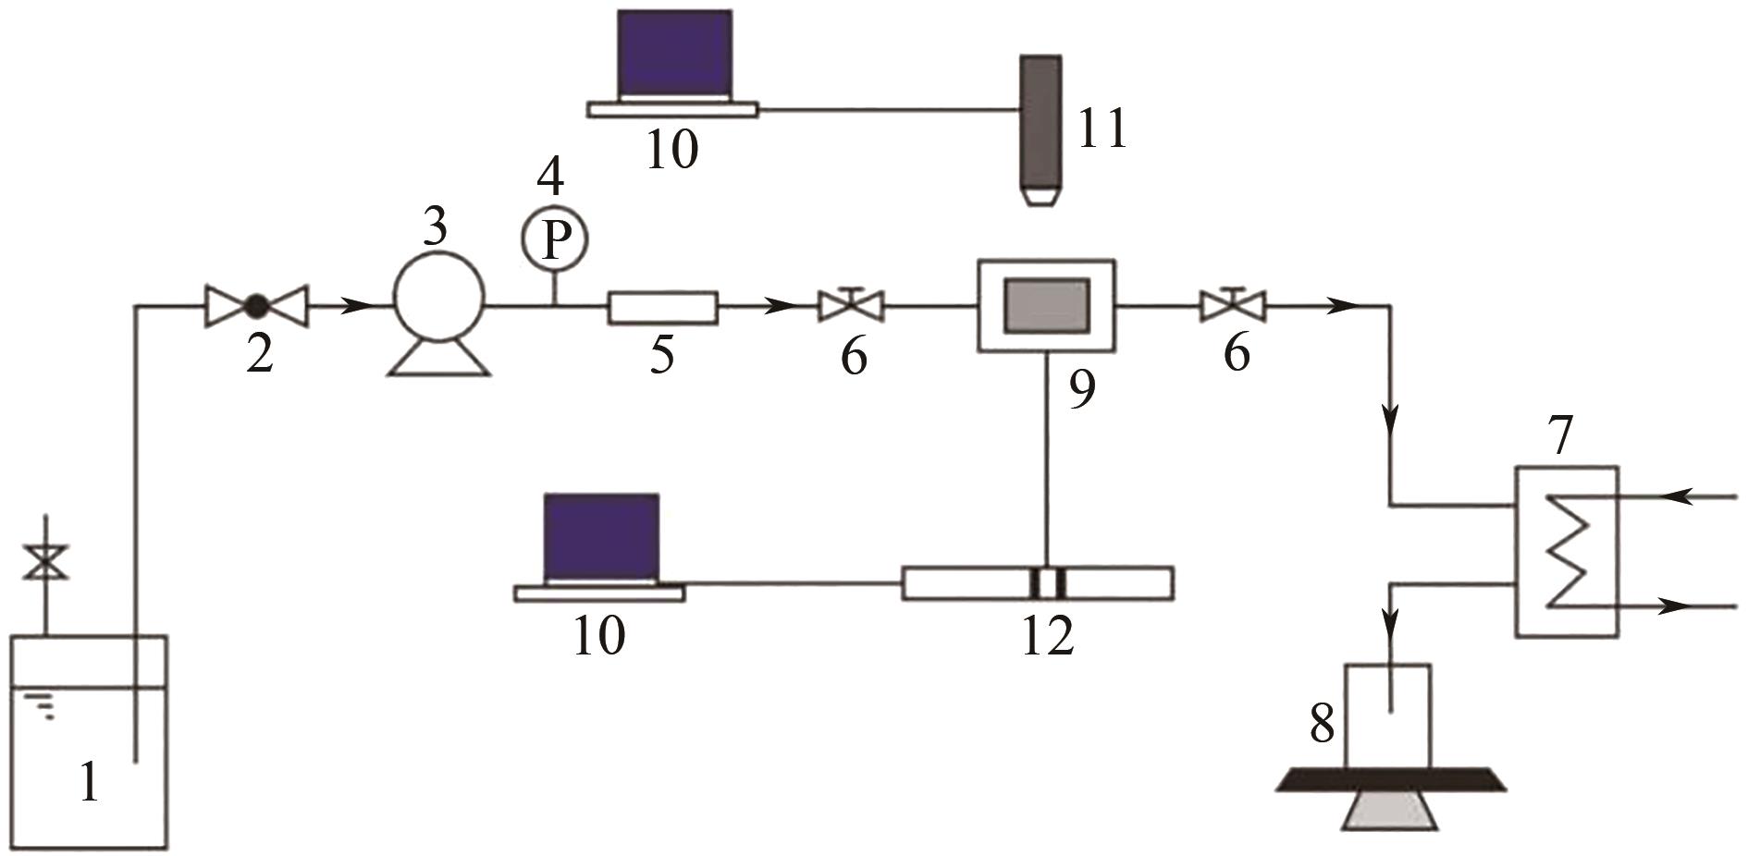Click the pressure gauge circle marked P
tap(553, 239)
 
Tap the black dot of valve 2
tap(255, 305)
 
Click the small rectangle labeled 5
tap(662, 307)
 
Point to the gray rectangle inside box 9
tap(1047, 305)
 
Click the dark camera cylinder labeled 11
tap(1040, 125)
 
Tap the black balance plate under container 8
tap(1390, 780)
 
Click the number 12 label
tap(1048, 637)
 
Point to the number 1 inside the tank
tap(89, 783)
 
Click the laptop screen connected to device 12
tap(601, 535)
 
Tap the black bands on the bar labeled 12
tap(1048, 583)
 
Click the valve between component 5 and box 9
tap(851, 304)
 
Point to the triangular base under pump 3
tap(438, 358)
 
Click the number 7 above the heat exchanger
tap(1560, 437)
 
